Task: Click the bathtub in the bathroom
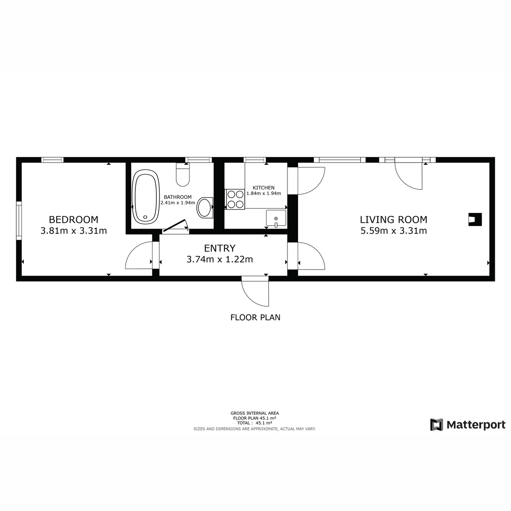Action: tap(146, 197)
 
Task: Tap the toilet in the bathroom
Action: tap(183, 174)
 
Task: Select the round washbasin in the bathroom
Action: tap(205, 208)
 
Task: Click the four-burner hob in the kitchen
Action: tap(235, 199)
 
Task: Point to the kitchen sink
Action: tap(276, 218)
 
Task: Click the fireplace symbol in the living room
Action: tap(475, 220)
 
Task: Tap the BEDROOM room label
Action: tap(73, 220)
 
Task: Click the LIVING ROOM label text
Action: tap(393, 220)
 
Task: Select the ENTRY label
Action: tap(220, 248)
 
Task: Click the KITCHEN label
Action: tap(264, 188)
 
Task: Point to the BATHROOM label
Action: tap(178, 197)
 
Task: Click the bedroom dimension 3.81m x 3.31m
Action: tap(74, 231)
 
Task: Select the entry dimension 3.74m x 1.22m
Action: tap(220, 259)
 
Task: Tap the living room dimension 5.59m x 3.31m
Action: tap(393, 231)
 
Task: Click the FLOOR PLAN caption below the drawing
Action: tap(255, 317)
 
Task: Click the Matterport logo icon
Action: tap(436, 425)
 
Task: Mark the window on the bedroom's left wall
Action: tap(19, 221)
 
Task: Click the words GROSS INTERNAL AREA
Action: tap(255, 413)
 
